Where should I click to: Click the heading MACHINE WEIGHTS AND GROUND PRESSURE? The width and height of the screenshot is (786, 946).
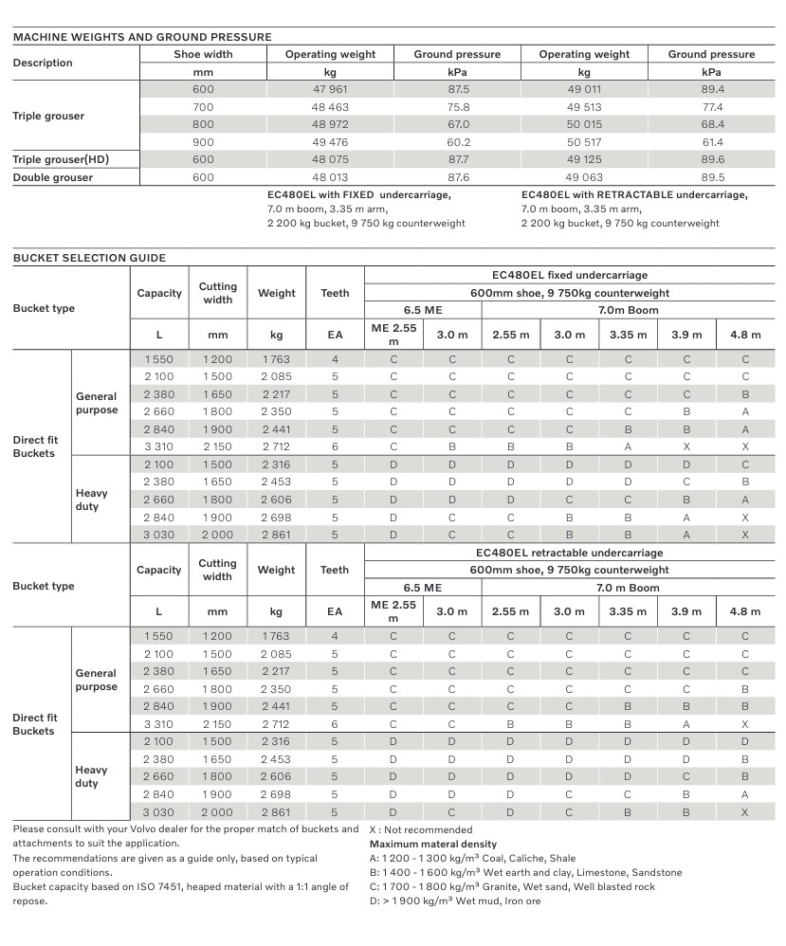coord(142,37)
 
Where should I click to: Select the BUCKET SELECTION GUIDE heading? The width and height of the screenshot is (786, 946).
coord(89,258)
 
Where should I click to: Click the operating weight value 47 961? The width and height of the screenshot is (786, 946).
coord(330,89)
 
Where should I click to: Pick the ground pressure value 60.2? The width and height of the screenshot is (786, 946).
coord(458,142)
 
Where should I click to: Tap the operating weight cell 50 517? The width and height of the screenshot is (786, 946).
coord(584,142)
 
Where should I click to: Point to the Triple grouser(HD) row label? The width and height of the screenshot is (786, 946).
coord(61,159)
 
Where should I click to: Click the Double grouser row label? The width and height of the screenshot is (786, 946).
coord(53,177)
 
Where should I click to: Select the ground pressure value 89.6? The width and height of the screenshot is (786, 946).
coord(712,159)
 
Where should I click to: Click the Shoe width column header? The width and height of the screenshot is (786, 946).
coord(203,54)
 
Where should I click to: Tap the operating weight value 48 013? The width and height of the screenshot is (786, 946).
coord(330,177)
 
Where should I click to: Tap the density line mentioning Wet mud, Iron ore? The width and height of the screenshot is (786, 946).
coord(455,901)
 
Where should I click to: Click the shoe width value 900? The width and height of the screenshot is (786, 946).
coord(203,142)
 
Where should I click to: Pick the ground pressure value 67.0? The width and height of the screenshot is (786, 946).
coord(458,124)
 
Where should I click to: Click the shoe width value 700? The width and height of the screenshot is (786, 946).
coord(203,107)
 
